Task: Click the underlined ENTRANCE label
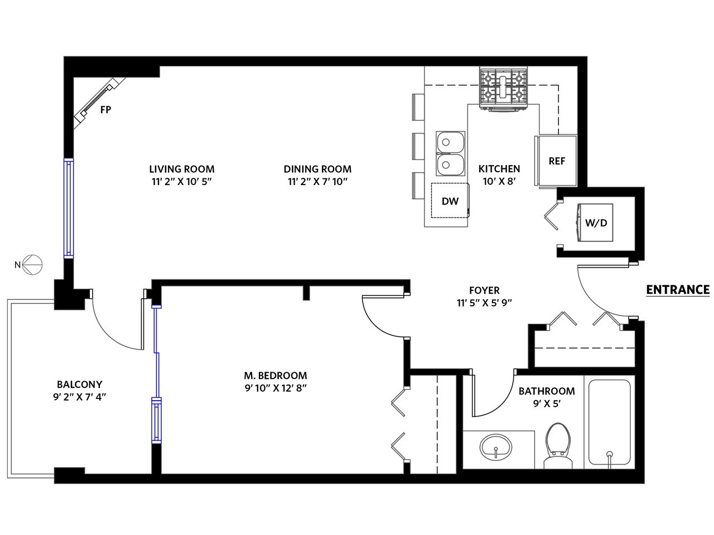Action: (x=678, y=290)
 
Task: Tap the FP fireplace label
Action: (x=106, y=110)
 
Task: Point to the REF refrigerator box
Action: (x=557, y=161)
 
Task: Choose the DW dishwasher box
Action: (x=450, y=201)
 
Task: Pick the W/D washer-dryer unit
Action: (x=595, y=222)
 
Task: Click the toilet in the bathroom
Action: (x=558, y=446)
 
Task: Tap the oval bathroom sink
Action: (x=495, y=447)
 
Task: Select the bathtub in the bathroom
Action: (x=609, y=422)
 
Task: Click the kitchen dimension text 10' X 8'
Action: (x=499, y=181)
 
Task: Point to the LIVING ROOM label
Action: (x=182, y=169)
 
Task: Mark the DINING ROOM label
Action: (x=317, y=169)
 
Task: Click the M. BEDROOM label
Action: (x=276, y=376)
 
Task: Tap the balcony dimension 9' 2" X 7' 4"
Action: (x=80, y=397)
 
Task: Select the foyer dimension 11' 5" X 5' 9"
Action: (x=484, y=303)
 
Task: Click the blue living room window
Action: (x=69, y=208)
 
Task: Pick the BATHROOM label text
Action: (x=547, y=391)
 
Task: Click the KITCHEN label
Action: (x=499, y=169)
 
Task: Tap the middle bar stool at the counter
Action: (x=418, y=146)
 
